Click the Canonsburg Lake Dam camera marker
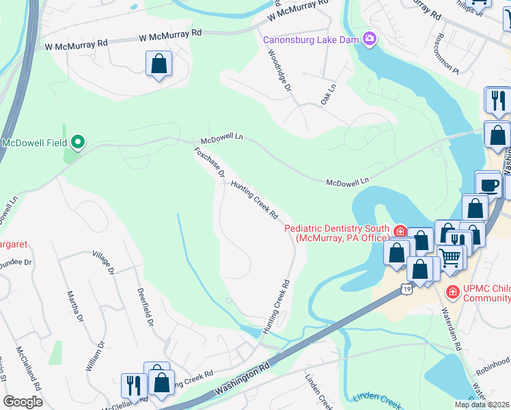coord(370,39)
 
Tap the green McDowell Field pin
coord(78,143)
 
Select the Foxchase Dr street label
coord(209,163)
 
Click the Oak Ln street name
coord(329,94)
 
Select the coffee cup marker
coord(488,185)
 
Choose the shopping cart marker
coord(450,258)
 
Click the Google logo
coord(23,402)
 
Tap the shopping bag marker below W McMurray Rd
coord(158,65)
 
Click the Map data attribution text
coord(482,405)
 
